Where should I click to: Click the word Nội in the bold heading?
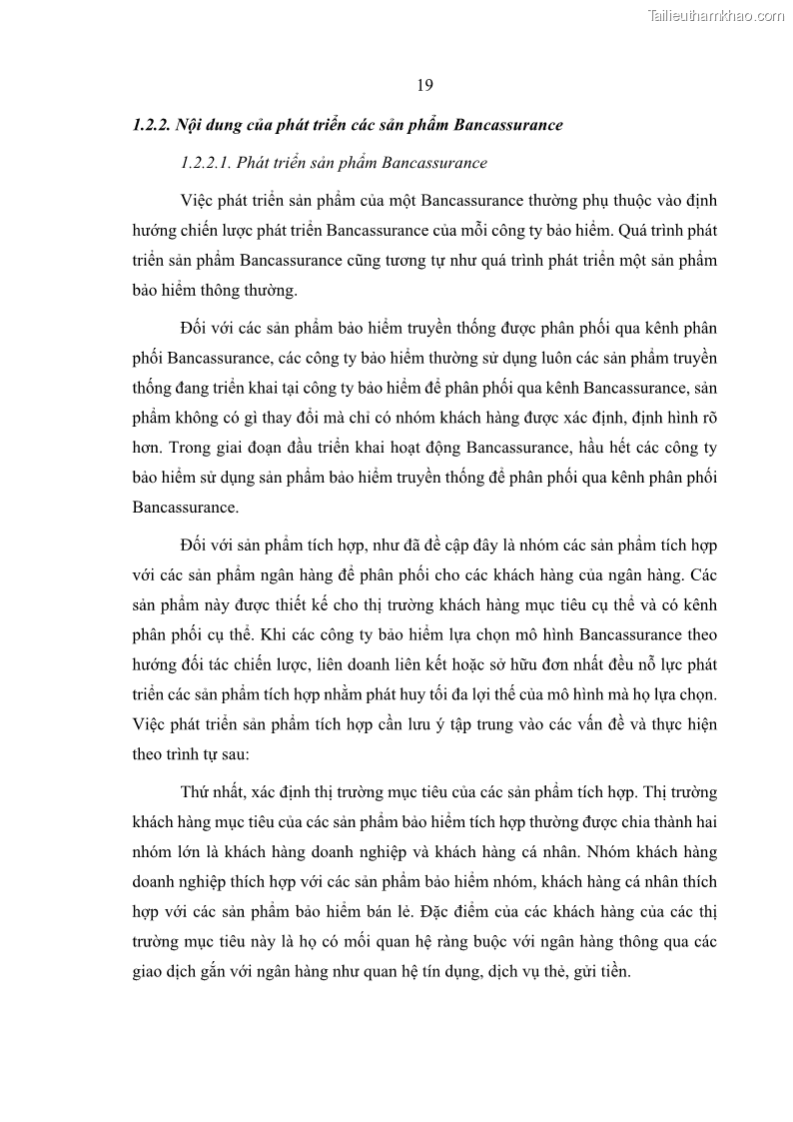[x=191, y=125]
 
